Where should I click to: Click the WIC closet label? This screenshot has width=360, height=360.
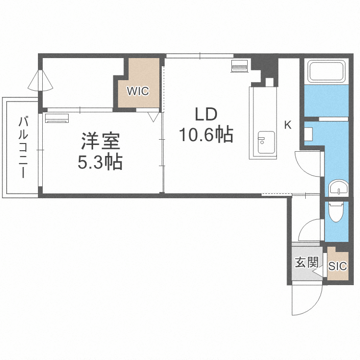click(x=138, y=90)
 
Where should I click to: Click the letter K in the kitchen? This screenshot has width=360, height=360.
click(x=288, y=125)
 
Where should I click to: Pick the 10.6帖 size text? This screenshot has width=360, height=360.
click(x=206, y=135)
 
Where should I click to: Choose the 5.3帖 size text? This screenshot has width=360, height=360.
click(x=100, y=163)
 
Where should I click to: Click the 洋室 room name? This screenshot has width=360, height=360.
click(x=100, y=142)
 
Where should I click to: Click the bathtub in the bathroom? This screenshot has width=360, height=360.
click(x=327, y=72)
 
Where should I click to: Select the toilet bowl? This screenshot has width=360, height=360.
click(x=336, y=212)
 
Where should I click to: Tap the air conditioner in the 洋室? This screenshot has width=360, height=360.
click(x=57, y=118)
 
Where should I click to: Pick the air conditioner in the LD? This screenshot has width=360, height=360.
click(x=239, y=66)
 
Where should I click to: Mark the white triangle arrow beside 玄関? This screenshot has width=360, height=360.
click(x=318, y=272)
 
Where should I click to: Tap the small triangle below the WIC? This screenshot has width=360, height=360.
click(x=154, y=116)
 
